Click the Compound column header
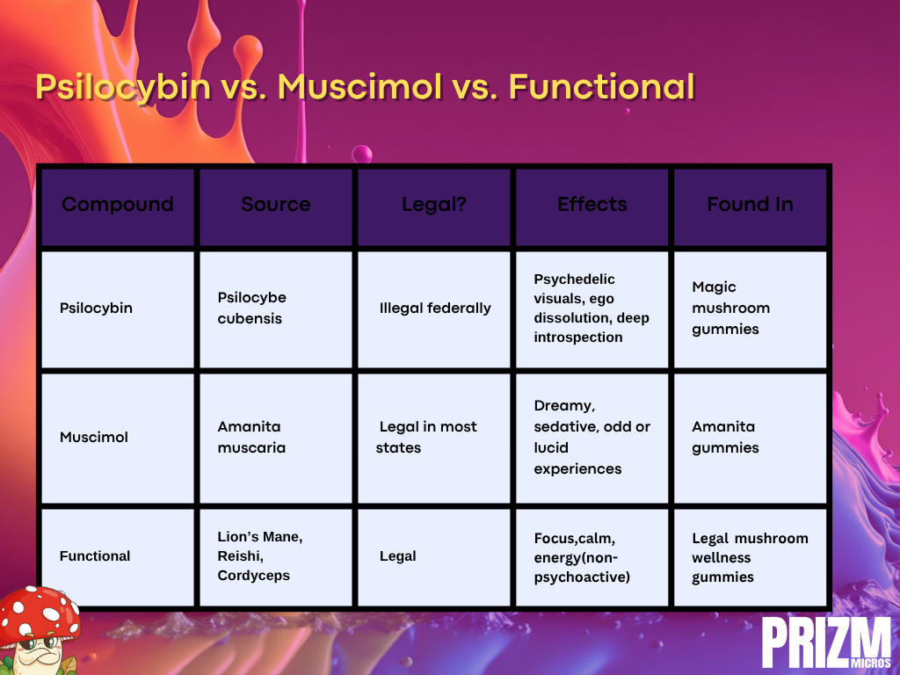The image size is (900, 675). pyautogui.click(x=118, y=204)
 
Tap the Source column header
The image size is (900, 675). pyautogui.click(x=275, y=204)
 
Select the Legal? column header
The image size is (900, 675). pyautogui.click(x=434, y=205)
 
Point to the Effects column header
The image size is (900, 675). pyautogui.click(x=592, y=204)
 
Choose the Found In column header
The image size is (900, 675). pyautogui.click(x=751, y=204)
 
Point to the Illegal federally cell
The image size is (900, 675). pyautogui.click(x=435, y=308)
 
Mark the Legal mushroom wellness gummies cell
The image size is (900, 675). pyautogui.click(x=750, y=557)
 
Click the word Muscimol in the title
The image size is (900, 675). pyautogui.click(x=359, y=87)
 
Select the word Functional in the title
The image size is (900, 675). pyautogui.click(x=601, y=87)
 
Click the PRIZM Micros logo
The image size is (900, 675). pyautogui.click(x=827, y=642)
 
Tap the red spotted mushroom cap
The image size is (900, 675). pyautogui.click(x=39, y=613)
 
